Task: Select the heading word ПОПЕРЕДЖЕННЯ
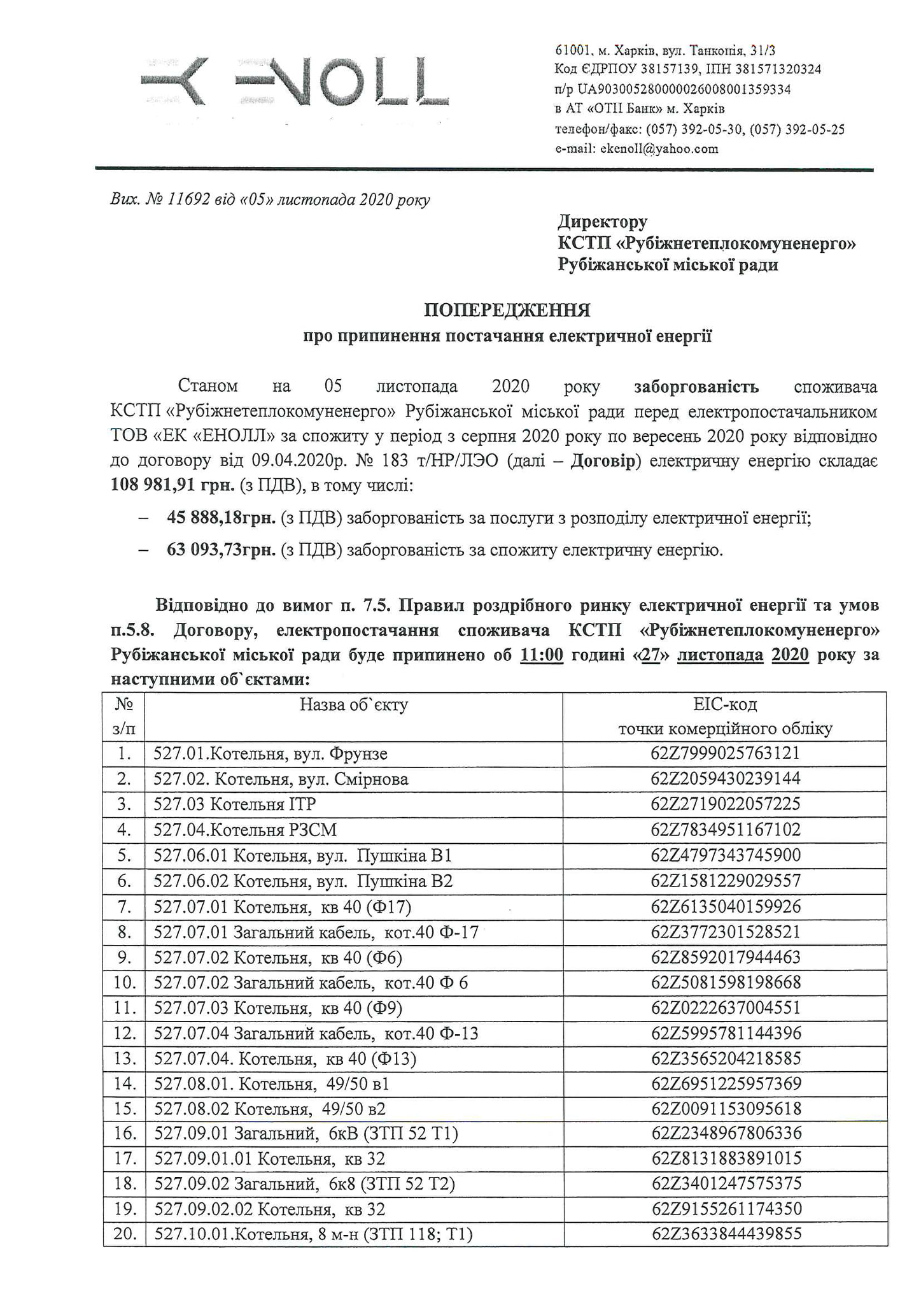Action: [x=507, y=311]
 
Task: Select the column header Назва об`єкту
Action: [x=354, y=704]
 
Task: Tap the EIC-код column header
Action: [x=725, y=704]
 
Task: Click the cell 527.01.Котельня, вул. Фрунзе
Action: [x=271, y=754]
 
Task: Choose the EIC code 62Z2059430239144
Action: [x=725, y=779]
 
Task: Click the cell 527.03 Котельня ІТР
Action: [x=235, y=804]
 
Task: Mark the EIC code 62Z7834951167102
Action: [x=725, y=830]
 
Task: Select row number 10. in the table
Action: [x=125, y=983]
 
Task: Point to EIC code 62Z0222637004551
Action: [x=725, y=1008]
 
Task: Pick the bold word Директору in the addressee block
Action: [x=602, y=222]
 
